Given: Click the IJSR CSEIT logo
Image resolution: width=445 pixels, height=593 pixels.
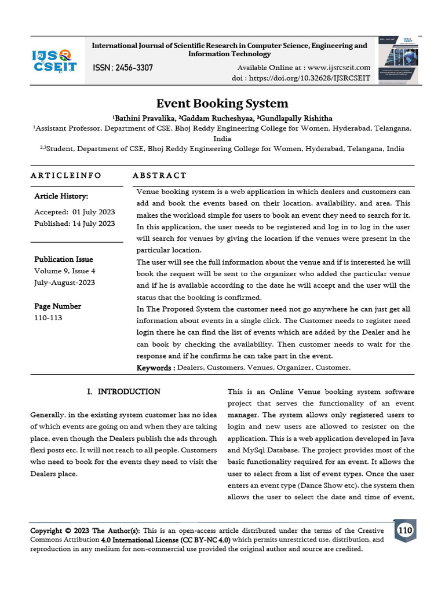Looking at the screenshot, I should coord(54,61).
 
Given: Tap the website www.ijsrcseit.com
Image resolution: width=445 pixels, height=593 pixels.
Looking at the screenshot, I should coord(339,68).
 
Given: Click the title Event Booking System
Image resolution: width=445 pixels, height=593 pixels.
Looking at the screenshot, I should coord(222,104).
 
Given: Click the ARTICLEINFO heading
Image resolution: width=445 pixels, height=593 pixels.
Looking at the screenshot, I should coord(65,175).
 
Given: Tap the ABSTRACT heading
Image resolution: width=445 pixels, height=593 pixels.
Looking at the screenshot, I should coord(159,175).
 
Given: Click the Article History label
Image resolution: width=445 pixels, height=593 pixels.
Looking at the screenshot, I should coord(61,196).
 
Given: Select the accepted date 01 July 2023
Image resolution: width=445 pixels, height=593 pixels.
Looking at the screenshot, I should coord(92,212).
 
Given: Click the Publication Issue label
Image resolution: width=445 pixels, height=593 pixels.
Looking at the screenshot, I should coord(63,259).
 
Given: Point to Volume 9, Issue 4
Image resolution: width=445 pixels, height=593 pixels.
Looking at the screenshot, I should coord(65,270).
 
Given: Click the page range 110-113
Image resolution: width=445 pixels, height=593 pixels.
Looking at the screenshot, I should coord(49,318).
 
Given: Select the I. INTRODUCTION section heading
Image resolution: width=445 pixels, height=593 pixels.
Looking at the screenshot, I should coord(123,392).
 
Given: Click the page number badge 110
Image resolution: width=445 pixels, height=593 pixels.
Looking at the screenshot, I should coord(405,530).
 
